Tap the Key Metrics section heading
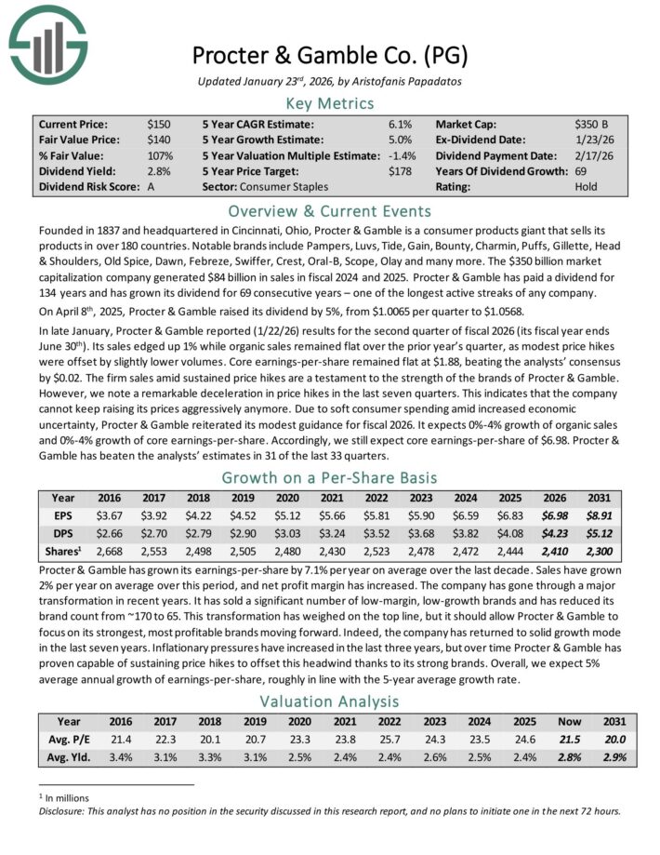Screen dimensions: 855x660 [329, 103]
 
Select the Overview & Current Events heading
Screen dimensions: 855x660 [329, 210]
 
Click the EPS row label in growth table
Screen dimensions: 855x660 [63, 514]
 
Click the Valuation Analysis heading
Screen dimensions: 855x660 [329, 701]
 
